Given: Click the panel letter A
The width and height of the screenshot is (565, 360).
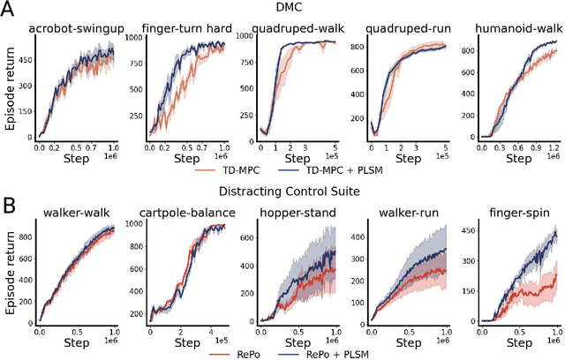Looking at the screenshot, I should tap(10, 11).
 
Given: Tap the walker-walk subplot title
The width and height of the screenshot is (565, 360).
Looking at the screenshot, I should tap(74, 213).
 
